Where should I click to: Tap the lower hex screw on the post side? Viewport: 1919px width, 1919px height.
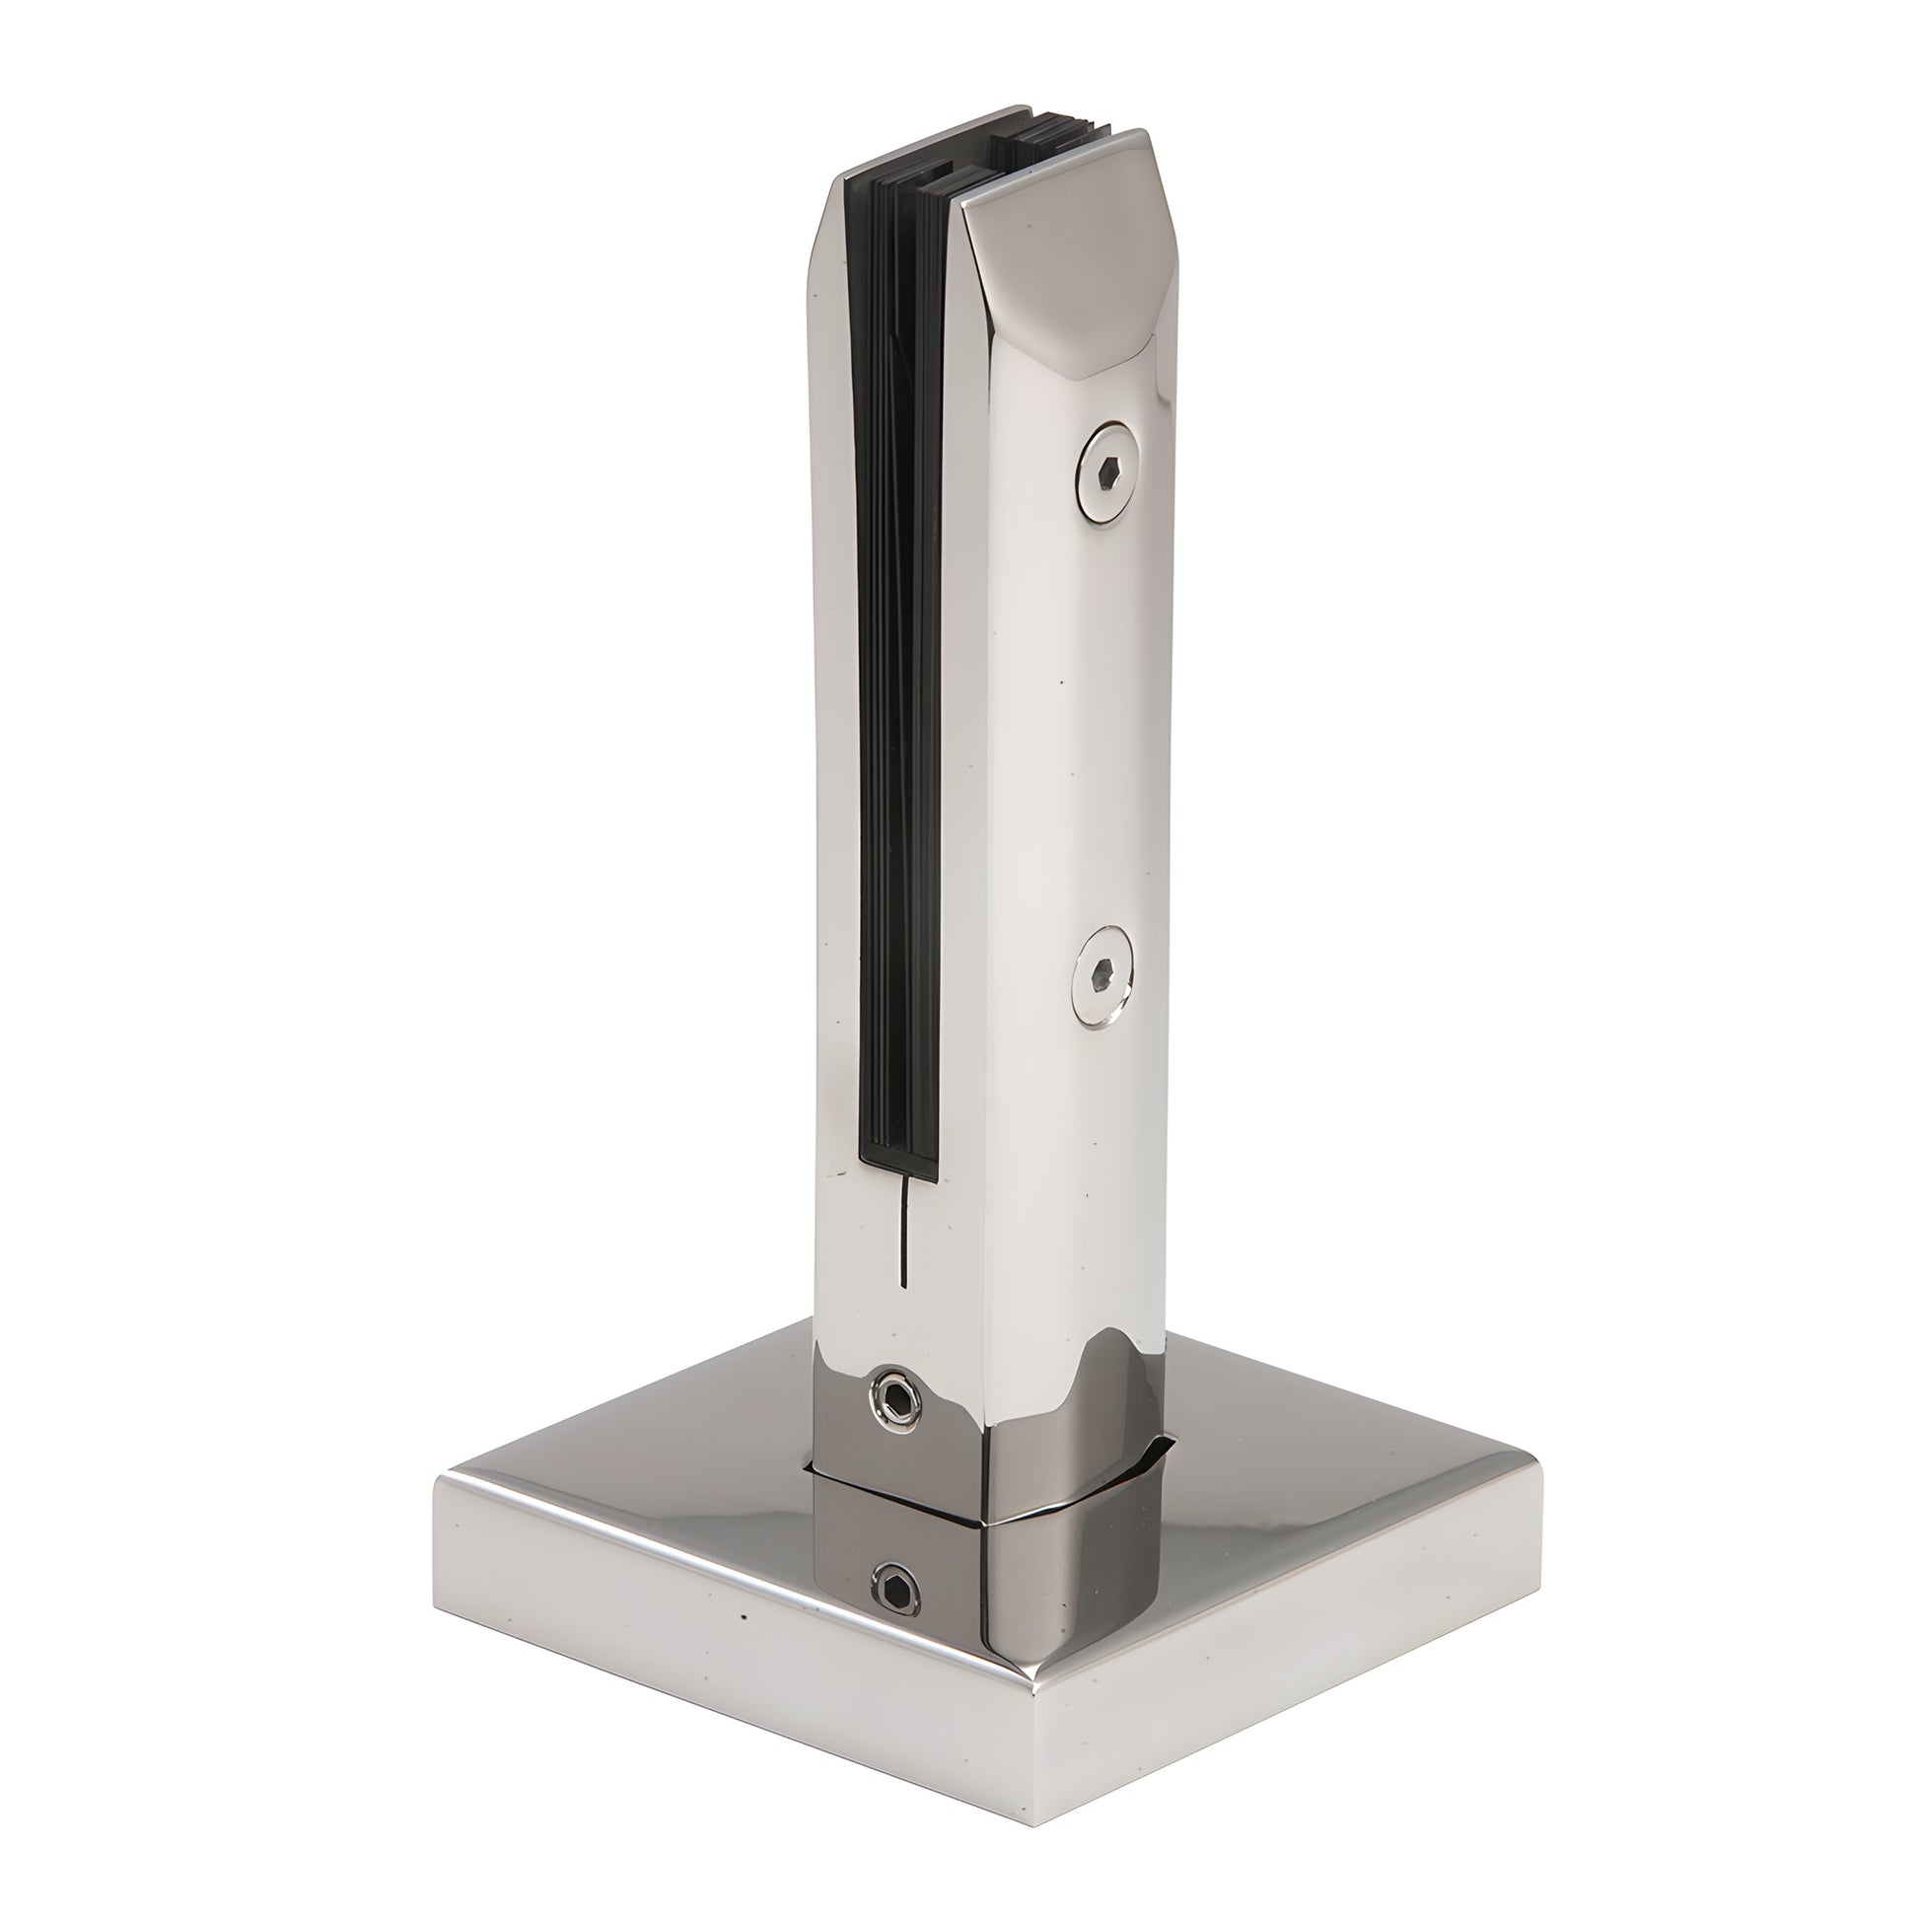1104,976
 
